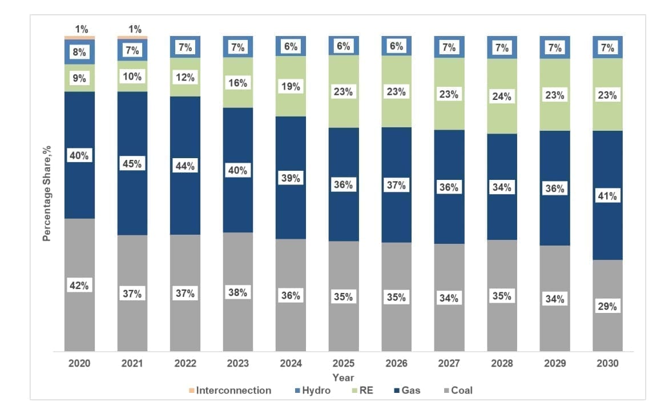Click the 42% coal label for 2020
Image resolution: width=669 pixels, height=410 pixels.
79,286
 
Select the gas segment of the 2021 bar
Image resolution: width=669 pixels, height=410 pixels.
132,194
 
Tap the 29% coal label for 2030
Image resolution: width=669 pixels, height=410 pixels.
607,306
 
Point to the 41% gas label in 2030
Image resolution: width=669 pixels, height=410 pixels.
607,196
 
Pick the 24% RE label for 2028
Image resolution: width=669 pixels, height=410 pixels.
502,97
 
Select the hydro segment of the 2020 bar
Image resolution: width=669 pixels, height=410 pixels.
79,51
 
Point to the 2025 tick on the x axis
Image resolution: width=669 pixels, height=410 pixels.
344,364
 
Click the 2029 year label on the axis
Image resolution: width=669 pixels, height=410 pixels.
555,364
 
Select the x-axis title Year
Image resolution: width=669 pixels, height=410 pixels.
343,377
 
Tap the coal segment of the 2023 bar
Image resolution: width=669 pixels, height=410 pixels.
238,320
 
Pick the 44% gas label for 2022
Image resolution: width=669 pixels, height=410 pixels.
185,166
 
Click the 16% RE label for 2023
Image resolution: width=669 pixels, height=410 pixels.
238,83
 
